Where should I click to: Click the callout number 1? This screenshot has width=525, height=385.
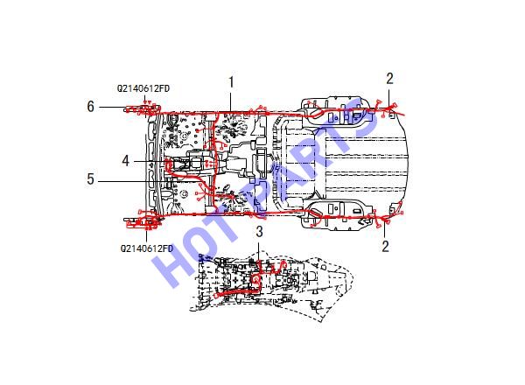[x=231, y=82]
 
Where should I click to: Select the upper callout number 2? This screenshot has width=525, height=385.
[x=389, y=79]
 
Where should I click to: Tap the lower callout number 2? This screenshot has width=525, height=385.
[x=385, y=246]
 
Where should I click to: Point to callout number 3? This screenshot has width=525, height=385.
[x=260, y=232]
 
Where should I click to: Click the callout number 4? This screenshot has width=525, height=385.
[x=125, y=161]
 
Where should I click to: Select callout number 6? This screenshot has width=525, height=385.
[x=90, y=107]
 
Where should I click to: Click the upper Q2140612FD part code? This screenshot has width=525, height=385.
[x=143, y=88]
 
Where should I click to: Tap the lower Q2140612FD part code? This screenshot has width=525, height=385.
[x=147, y=248]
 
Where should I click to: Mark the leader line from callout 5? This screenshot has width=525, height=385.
[x=148, y=181]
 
